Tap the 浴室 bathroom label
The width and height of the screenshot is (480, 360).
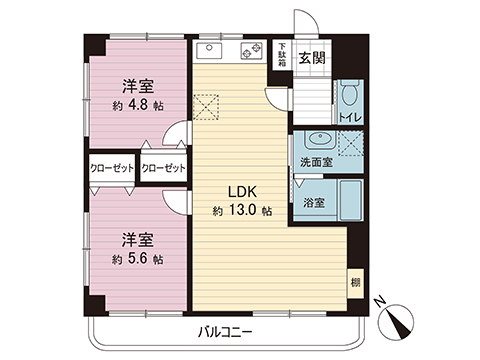pos(313,203)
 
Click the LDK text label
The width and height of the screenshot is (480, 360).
pos(240,192)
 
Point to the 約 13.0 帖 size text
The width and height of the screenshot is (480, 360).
pos(241,211)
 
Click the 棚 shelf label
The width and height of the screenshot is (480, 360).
pos(355,282)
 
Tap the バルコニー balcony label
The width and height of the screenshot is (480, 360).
pos(226,330)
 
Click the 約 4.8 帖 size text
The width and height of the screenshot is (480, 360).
pos(137,106)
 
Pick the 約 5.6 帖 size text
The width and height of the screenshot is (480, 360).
pos(137,258)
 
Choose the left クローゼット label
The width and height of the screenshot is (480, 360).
pos(112,167)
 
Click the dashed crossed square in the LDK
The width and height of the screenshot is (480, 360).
pos(207,104)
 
